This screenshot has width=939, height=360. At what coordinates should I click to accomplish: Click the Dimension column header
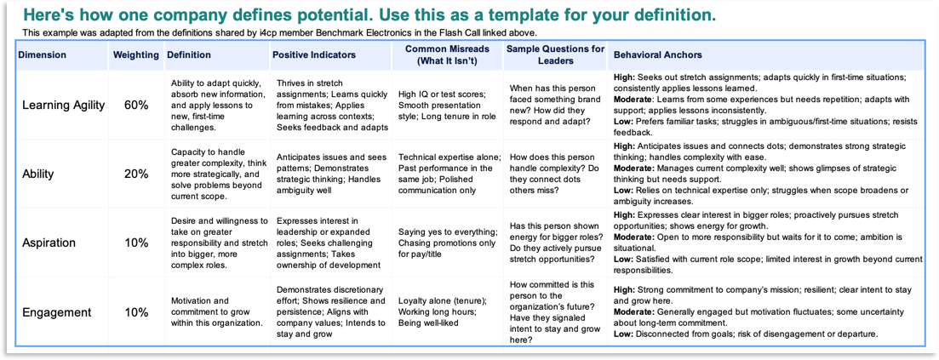(x=42, y=55)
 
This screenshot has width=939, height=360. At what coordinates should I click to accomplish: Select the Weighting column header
(x=136, y=55)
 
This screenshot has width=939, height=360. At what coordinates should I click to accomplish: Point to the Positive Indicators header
(x=314, y=55)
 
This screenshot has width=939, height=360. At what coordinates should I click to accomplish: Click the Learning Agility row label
(x=64, y=105)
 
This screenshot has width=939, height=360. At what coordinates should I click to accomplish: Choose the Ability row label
(x=38, y=174)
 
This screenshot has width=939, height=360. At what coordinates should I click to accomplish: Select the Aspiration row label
(x=49, y=243)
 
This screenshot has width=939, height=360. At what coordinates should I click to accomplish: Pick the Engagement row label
(x=56, y=312)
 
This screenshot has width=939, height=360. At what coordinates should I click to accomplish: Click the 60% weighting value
(x=136, y=106)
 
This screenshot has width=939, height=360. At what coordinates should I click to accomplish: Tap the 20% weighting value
(x=136, y=174)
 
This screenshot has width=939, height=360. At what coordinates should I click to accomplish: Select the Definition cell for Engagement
(x=217, y=312)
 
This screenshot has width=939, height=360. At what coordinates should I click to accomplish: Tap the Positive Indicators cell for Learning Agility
(x=332, y=105)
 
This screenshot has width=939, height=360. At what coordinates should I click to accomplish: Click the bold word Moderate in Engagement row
(x=634, y=312)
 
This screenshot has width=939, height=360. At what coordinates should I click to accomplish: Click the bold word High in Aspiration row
(x=624, y=215)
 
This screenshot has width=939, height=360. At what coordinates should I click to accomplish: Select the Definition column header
(x=188, y=55)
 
